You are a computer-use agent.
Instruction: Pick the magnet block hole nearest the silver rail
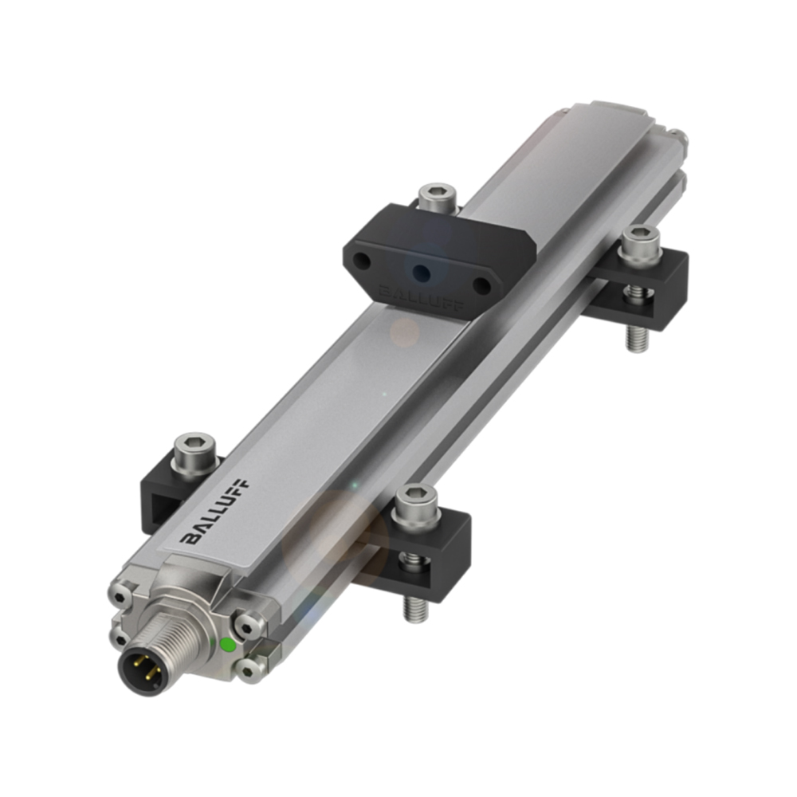click(481, 285)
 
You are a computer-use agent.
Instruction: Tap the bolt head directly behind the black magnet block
click(437, 196)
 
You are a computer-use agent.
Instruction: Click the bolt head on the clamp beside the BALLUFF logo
click(195, 453)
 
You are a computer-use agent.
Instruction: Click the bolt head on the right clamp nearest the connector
click(416, 505)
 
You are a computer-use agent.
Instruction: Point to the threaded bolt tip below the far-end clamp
click(635, 338)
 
